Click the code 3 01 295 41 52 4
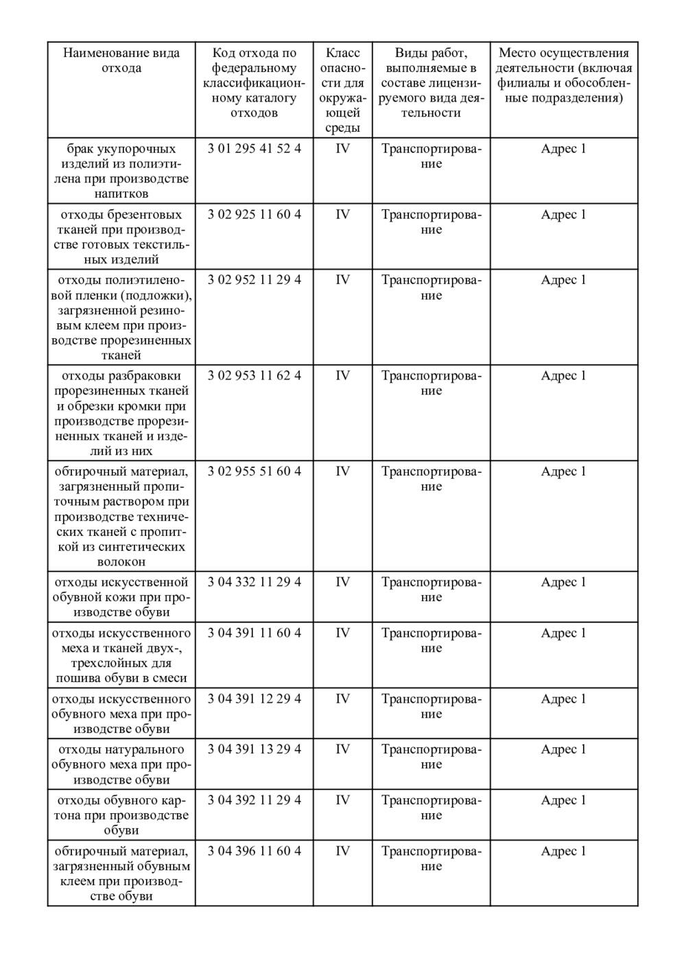[254, 149]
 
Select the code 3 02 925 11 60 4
[254, 215]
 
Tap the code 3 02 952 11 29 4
[254, 280]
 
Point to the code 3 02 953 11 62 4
[254, 376]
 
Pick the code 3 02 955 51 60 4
[254, 471]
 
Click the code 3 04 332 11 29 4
[254, 583]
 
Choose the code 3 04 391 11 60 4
[254, 633]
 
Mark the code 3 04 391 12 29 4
[254, 699]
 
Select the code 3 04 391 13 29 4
[254, 749]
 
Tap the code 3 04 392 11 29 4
[254, 800]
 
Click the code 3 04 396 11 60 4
[254, 852]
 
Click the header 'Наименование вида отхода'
[121, 60]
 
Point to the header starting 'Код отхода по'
[254, 83]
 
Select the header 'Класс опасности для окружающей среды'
[342, 91]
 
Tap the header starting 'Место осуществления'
[563, 75]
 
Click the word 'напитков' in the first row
[121, 194]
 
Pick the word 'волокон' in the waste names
[121, 562]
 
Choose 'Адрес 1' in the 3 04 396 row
[563, 852]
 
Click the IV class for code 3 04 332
[342, 583]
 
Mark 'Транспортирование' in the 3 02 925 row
[431, 222]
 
